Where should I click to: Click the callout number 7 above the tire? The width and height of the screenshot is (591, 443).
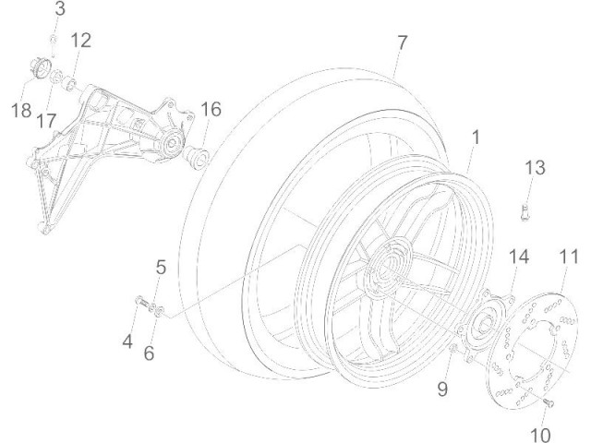point(402,43)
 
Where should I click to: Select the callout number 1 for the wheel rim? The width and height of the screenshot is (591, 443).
point(475,138)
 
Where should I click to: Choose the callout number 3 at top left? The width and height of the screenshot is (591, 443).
point(60,10)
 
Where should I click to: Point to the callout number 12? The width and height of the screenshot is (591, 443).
point(81,40)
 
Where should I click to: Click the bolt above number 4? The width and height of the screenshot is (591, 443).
point(142,302)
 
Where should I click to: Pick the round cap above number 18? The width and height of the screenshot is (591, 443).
point(39,68)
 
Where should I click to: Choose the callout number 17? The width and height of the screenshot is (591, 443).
point(47,120)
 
